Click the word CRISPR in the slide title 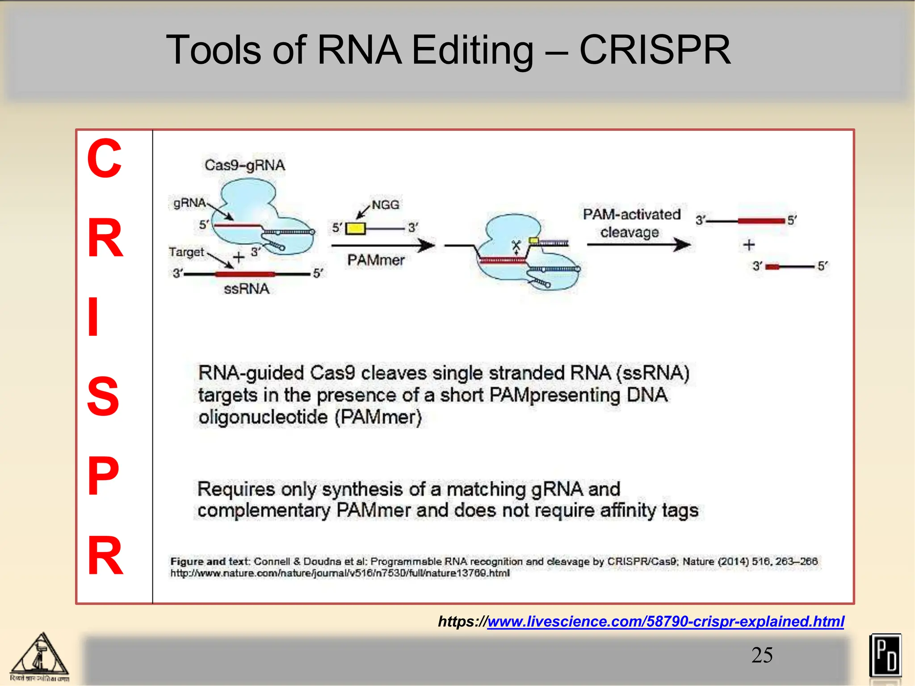tap(655, 50)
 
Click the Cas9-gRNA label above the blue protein tap(244, 165)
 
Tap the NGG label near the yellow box tap(385, 205)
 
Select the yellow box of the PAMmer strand tap(356, 228)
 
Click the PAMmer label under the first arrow tap(376, 260)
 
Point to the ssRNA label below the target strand tap(246, 289)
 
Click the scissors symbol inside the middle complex tap(516, 246)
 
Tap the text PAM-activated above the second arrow tap(631, 214)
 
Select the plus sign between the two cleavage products tap(749, 245)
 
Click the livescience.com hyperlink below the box tap(665, 621)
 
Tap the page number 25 tap(762, 655)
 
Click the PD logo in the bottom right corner tap(885, 655)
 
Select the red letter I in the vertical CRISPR tap(93, 317)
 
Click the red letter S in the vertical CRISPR tap(103, 396)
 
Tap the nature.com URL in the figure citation tap(340, 573)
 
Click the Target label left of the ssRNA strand tap(186, 252)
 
